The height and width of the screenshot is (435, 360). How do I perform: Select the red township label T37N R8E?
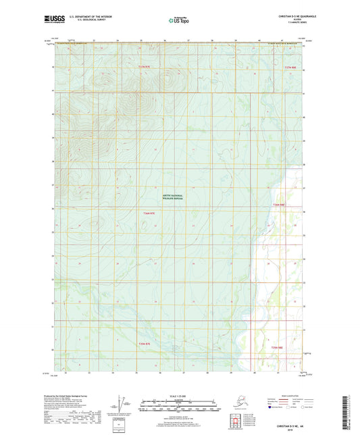tap(290, 68)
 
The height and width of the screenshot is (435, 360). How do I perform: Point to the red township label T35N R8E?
tap(278, 348)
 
